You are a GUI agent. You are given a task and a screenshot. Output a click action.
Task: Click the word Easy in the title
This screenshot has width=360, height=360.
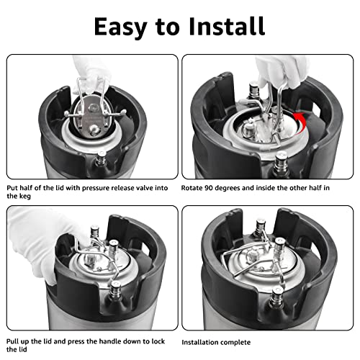pos(120,27)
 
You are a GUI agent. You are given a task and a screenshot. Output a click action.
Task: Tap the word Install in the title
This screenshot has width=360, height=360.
pos(227,26)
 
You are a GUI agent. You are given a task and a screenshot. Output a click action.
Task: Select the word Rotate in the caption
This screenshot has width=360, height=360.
pos(192,188)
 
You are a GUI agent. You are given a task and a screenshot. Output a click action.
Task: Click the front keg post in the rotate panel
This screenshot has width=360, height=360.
pos(282,164)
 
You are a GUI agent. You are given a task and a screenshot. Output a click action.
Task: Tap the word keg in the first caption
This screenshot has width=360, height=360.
pos(25,197)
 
